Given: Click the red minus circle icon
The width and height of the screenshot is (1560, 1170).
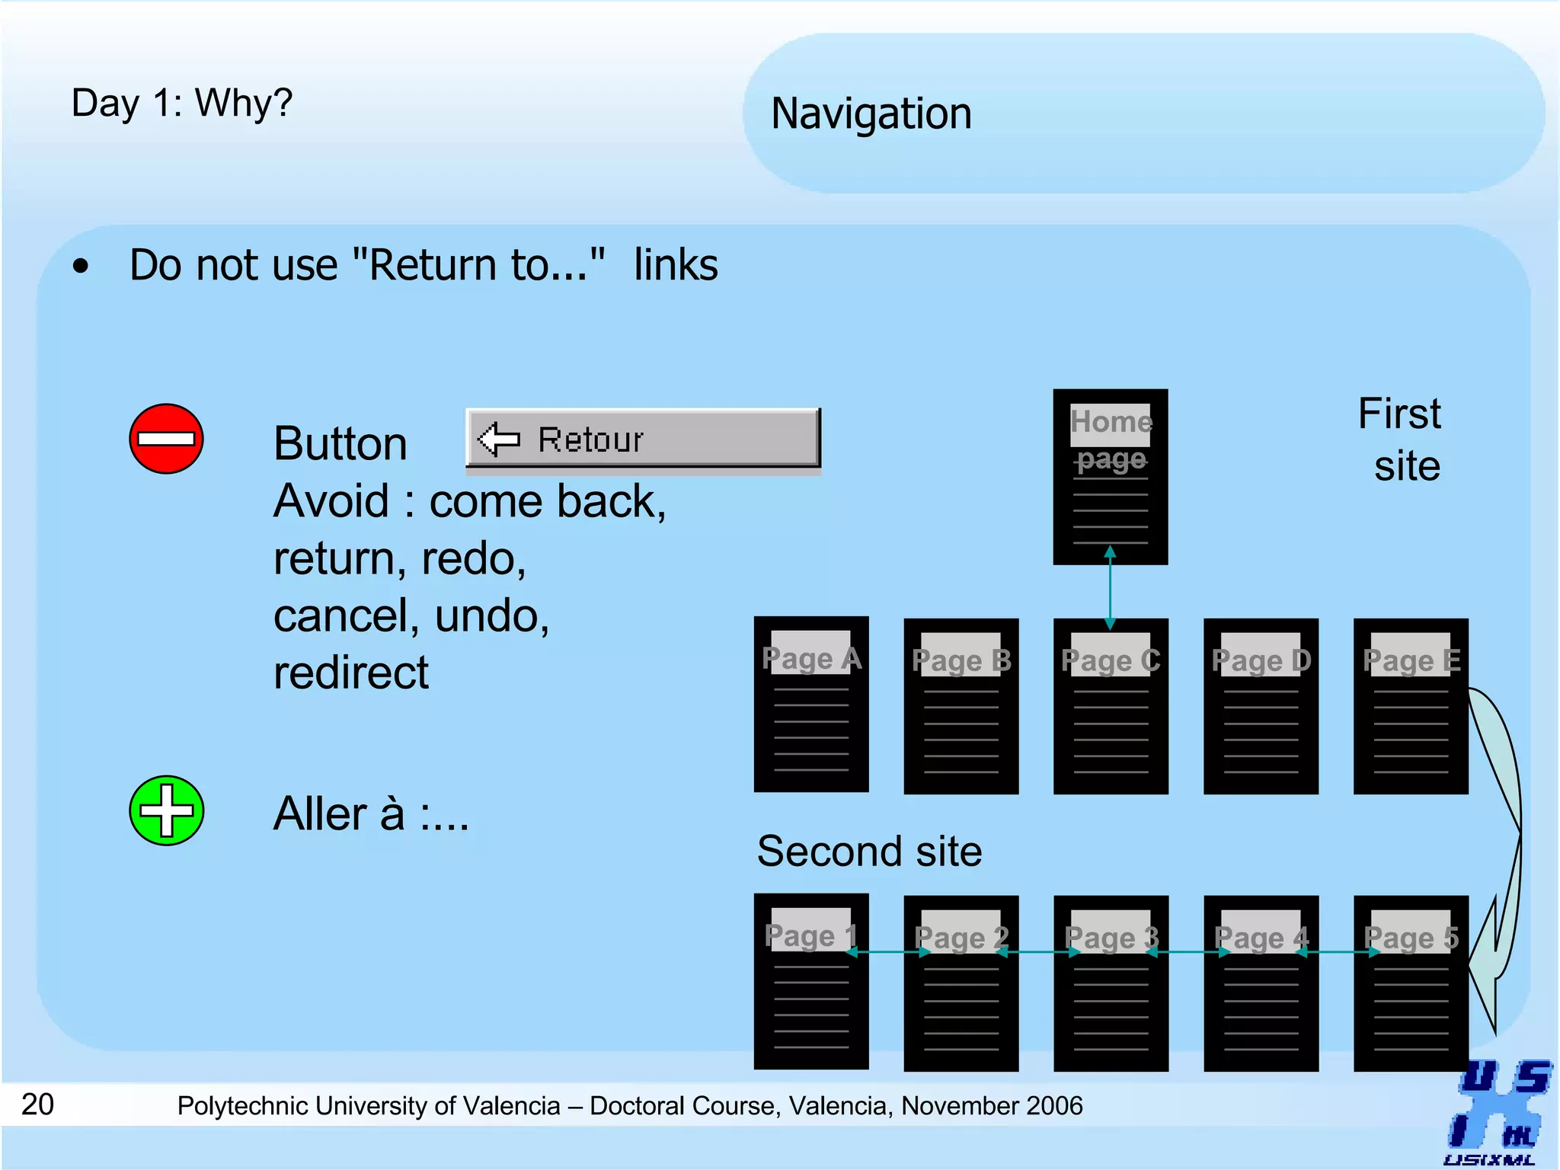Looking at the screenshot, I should click(x=166, y=439).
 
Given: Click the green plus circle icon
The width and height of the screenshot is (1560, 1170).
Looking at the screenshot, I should click(x=166, y=810).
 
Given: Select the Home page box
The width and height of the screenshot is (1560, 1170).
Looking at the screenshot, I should click(x=1110, y=477).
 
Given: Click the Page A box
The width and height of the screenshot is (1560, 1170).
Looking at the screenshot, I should click(x=811, y=705).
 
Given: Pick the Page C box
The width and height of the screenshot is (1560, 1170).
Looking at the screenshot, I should click(x=1111, y=706).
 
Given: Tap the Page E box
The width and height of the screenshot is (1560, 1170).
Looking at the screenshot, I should click(x=1411, y=706).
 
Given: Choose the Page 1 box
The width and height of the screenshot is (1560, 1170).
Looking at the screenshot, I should click(x=811, y=982).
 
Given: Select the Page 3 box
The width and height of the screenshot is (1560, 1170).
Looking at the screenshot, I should click(x=1111, y=983).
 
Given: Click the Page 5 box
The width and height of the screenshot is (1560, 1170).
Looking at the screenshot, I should click(x=1411, y=983).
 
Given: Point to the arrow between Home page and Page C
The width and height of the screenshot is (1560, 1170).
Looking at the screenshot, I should click(x=1110, y=587).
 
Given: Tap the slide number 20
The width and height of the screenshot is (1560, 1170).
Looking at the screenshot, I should click(x=37, y=1104).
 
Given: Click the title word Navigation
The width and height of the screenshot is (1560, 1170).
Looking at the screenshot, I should click(x=871, y=113).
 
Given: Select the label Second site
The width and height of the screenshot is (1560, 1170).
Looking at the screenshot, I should click(x=869, y=851).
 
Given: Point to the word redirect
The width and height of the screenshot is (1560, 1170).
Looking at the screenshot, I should click(x=351, y=673).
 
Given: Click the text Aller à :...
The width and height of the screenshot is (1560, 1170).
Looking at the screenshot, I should click(x=370, y=814).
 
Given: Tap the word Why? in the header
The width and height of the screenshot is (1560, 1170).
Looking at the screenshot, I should click(x=244, y=103).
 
